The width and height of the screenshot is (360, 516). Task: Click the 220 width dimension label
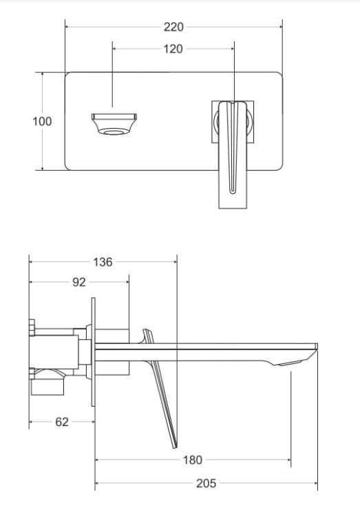pos(173,27)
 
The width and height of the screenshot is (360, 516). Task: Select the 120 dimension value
pos(173,49)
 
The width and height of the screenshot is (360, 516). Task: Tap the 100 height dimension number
pos(42,121)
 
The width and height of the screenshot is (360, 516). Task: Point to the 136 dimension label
pos(103,262)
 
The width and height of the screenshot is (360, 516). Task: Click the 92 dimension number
pos(79,282)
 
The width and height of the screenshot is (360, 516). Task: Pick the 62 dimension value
pos(62,422)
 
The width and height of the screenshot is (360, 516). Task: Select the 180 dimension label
pos(192,460)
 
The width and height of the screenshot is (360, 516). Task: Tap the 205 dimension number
pos(207,484)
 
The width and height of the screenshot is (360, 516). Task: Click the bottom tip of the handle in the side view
pos(175,447)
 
